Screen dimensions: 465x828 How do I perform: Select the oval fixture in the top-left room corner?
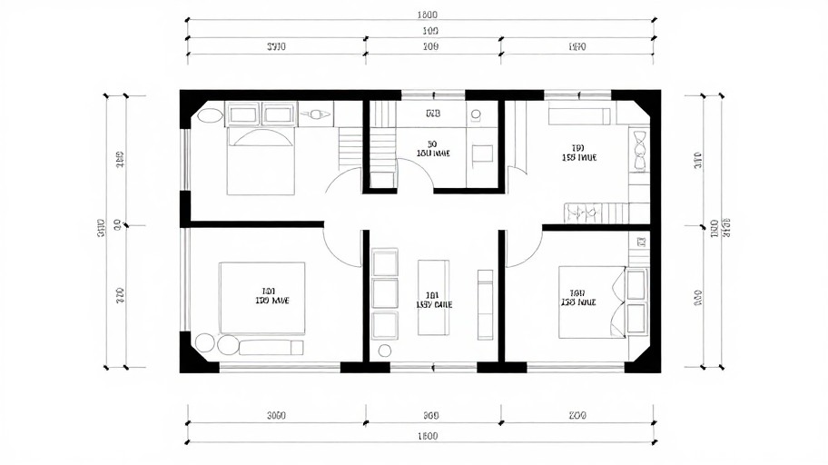[x=210, y=115]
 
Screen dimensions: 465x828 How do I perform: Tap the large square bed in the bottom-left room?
[x=261, y=298]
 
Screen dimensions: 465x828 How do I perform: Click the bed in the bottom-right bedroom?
[x=591, y=302]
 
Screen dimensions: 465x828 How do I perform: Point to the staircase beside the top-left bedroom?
[x=350, y=147]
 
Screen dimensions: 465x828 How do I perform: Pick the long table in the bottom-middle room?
[x=433, y=300]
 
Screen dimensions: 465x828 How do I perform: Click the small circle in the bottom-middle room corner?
[x=383, y=350]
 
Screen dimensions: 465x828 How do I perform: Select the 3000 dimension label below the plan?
[x=277, y=416]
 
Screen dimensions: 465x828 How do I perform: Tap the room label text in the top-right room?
[x=578, y=153]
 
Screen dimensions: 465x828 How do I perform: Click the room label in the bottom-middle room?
[x=433, y=301]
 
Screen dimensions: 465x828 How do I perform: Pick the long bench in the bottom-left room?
[x=271, y=346]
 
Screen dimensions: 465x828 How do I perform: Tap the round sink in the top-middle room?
[x=476, y=115]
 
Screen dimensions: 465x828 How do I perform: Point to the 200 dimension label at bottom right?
[x=577, y=416]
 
